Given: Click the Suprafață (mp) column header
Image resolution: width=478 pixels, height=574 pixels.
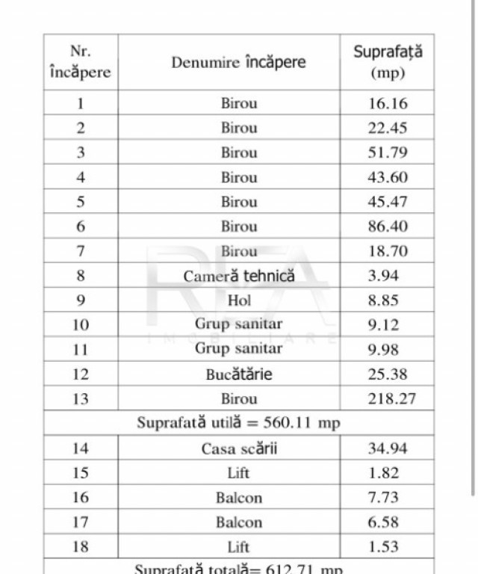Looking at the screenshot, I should (388, 62).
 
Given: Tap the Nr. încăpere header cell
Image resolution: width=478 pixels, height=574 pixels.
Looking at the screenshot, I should (80, 62).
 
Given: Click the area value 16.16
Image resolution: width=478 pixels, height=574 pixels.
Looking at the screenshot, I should (388, 103).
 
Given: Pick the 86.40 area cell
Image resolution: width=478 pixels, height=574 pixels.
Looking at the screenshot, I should (388, 226).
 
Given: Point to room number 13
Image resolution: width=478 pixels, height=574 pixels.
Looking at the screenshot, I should (80, 398).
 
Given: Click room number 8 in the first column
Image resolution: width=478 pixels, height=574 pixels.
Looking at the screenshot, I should (80, 276).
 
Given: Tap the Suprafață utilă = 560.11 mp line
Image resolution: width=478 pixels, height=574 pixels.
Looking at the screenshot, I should (238, 423).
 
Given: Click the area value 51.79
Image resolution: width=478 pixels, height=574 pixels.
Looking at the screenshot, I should (388, 152).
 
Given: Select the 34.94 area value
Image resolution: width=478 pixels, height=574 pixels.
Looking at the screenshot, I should (388, 448).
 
